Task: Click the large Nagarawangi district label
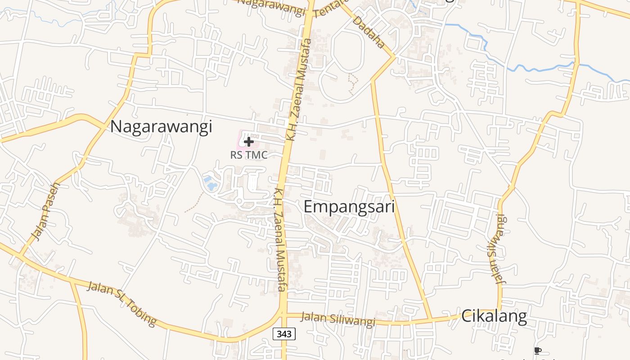(x=161, y=126)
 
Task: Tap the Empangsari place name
(x=349, y=207)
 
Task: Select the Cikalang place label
(x=494, y=316)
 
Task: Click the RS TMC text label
(x=249, y=155)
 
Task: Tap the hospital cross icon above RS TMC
(x=248, y=142)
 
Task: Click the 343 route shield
(x=284, y=334)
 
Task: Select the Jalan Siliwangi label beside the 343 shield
(x=337, y=319)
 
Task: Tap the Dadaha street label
(x=369, y=32)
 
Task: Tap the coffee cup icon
(x=537, y=351)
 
